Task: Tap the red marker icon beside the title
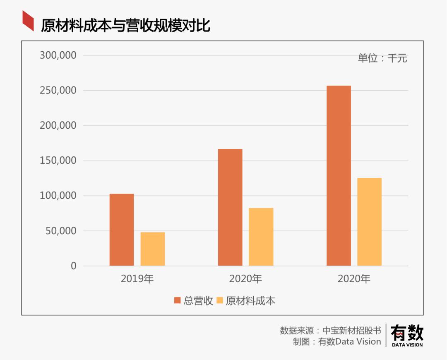click(28, 21)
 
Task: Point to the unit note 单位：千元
click(382, 58)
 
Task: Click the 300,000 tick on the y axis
click(58, 55)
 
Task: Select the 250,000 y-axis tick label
click(58, 90)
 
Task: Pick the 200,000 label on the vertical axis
click(58, 125)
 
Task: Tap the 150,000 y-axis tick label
click(58, 161)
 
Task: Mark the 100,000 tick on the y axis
click(58, 196)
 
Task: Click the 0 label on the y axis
click(74, 266)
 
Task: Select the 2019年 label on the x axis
click(137, 279)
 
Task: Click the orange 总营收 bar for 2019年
click(122, 230)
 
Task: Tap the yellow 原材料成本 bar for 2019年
click(153, 249)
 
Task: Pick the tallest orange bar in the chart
click(339, 176)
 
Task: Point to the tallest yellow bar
click(370, 222)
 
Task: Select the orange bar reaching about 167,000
click(230, 207)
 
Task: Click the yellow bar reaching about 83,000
click(261, 237)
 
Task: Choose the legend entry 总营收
click(194, 301)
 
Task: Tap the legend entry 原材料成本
click(246, 301)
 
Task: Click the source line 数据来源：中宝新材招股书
click(330, 331)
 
